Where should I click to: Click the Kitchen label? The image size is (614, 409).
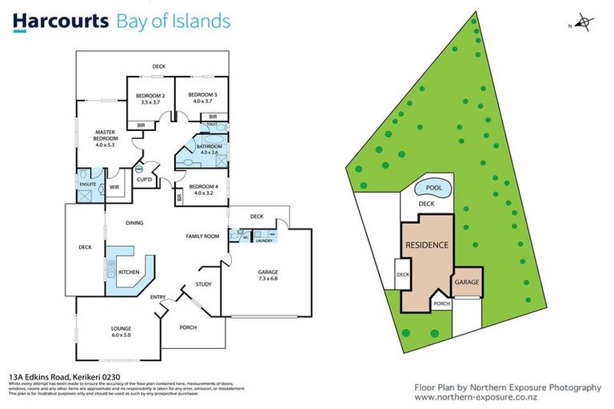[x=129, y=272]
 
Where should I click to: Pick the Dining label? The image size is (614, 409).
[x=134, y=223]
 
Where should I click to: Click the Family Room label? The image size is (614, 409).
[x=202, y=236]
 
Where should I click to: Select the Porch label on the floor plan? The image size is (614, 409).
[x=187, y=327]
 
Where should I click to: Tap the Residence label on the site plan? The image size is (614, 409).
[x=426, y=245]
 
